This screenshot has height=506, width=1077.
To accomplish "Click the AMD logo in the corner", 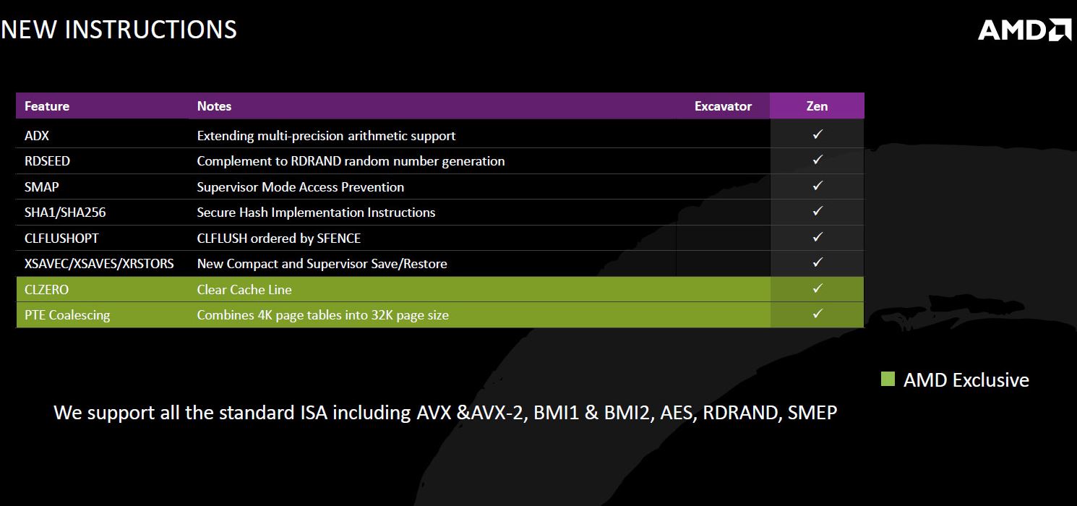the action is [x=1024, y=30].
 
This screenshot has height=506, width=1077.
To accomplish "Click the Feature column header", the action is [x=47, y=106].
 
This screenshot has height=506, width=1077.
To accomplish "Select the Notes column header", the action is [x=214, y=106].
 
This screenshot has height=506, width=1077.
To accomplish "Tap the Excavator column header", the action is [x=723, y=106].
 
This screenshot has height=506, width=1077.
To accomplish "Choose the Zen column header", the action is [x=817, y=106].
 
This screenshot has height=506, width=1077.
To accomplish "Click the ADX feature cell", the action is [x=37, y=136].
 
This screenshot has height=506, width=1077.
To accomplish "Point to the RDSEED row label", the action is [x=47, y=161].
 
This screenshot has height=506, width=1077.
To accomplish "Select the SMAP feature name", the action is [x=41, y=187].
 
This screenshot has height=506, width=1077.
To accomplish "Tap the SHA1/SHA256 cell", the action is [x=65, y=213].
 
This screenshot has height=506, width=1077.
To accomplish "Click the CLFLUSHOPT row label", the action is [x=61, y=239].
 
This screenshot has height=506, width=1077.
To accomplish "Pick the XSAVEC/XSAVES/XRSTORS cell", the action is [x=99, y=264].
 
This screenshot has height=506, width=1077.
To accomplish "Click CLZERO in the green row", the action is [x=47, y=290].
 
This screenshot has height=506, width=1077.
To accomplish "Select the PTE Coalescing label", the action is [x=67, y=315].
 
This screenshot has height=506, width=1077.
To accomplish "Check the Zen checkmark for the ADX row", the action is [x=818, y=134].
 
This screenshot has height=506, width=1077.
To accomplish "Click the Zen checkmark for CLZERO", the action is [x=818, y=288].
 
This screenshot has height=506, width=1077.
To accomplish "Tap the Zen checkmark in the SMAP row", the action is [x=818, y=186].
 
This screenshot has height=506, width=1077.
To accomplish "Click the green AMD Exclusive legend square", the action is [x=888, y=379].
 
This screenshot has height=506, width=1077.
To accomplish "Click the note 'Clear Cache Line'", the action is [x=244, y=290].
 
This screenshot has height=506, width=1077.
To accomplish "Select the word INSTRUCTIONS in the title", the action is [x=150, y=30].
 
